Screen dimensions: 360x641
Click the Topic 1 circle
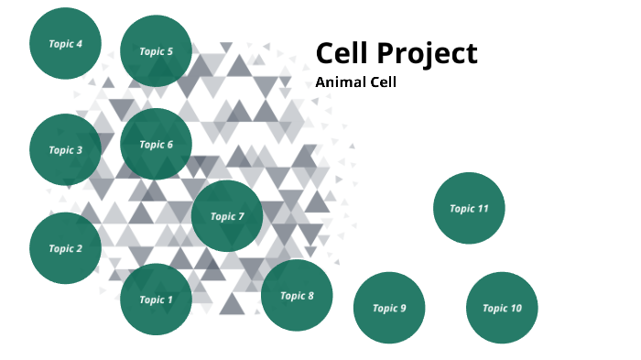coord(156,300)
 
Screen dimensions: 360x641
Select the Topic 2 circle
coord(65,248)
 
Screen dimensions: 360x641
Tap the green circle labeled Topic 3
coord(65,150)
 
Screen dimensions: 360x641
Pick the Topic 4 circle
coord(65,43)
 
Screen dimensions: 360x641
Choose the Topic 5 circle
coord(156,51)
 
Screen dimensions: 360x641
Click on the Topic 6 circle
coord(156,144)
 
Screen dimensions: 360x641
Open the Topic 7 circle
coord(227,216)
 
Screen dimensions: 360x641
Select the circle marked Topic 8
coord(297,295)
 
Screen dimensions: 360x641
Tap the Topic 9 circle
coord(389,308)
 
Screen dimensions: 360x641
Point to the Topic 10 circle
coord(502,308)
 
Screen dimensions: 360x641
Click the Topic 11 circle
coord(469,208)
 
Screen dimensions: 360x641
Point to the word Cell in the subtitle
coord(383,82)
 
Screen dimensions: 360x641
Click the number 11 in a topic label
coord(483,208)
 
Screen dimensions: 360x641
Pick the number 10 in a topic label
coord(516,308)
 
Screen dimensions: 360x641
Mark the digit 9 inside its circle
coord(402,308)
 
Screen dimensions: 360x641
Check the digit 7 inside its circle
coord(241,216)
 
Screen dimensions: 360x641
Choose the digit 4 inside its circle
coord(79,43)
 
